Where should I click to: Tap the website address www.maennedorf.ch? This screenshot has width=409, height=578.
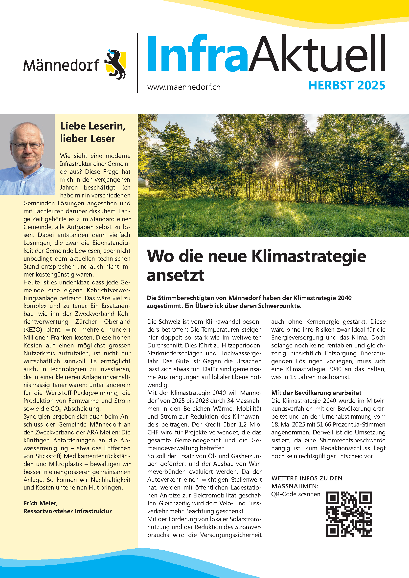[x=183, y=87]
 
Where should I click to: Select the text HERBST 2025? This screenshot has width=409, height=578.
[x=346, y=85]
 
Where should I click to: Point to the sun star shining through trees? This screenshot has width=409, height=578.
[x=276, y=164]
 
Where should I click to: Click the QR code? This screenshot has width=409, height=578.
[x=349, y=514]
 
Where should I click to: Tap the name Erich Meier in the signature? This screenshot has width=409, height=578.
[x=40, y=503]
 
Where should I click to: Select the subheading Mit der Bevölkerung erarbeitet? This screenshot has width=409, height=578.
[x=316, y=393]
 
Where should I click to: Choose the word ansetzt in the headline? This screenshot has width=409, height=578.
[x=175, y=275]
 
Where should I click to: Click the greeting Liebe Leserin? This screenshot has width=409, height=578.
[x=93, y=126]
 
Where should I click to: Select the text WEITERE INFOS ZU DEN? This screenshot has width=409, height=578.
[x=307, y=478]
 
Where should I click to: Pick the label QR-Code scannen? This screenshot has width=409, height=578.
[x=296, y=494]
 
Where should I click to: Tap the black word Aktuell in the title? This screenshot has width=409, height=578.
[x=317, y=54]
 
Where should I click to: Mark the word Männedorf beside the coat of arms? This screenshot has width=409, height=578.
[x=62, y=65]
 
